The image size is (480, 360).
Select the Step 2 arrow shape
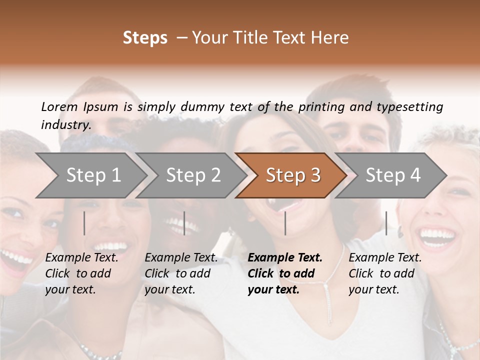[x=193, y=175]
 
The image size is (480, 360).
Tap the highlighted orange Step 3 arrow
[x=293, y=175]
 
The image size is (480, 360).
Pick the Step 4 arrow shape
[x=393, y=175]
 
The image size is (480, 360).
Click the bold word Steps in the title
[x=145, y=38]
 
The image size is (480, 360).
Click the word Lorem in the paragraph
[x=59, y=106]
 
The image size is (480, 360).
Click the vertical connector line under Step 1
[x=84, y=223]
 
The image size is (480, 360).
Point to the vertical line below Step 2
[x=184, y=223]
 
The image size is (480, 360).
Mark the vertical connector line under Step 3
[x=285, y=223]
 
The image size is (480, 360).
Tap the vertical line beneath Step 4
[x=386, y=223]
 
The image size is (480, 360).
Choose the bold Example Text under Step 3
[x=285, y=258]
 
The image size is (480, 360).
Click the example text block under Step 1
[x=81, y=273]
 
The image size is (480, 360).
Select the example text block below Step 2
[x=181, y=273]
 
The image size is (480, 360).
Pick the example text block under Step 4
[x=385, y=273]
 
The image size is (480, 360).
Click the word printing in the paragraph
[x=317, y=106]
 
